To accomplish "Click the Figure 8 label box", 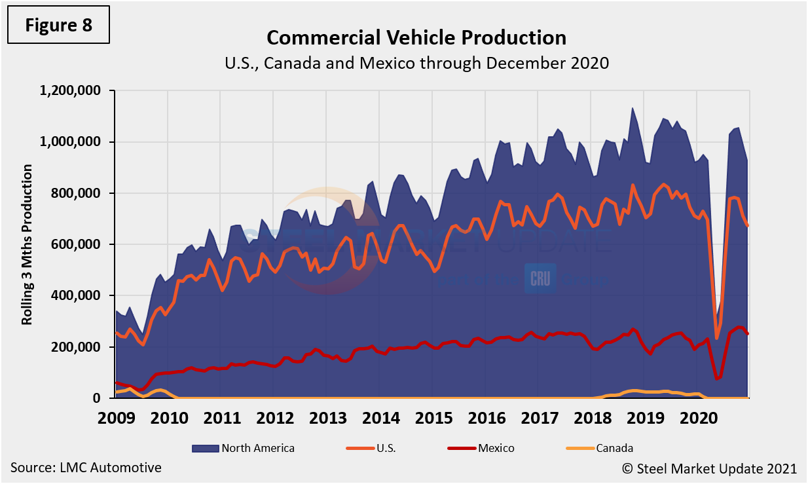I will coord(58,26).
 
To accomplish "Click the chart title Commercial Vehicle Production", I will coord(416,37).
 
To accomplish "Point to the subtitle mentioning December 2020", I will coord(416,63).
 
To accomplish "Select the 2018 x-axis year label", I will coord(592,416).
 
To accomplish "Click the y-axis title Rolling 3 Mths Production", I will coord(28,244).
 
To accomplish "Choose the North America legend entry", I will coord(244,449).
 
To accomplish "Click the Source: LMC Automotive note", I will coord(86,468).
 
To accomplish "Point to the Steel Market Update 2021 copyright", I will coord(709,468).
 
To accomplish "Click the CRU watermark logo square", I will coord(540,278).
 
